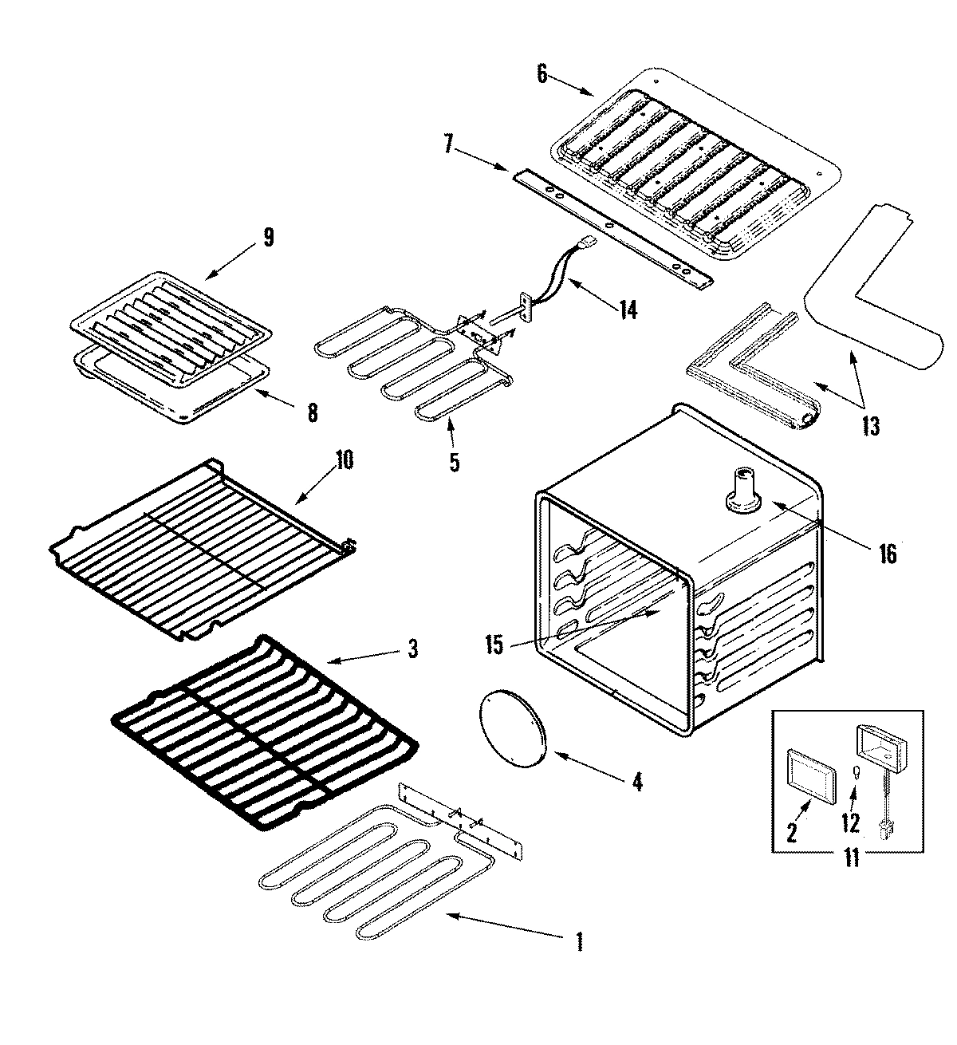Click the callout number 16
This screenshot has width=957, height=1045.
(888, 552)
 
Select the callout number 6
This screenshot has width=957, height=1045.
(542, 74)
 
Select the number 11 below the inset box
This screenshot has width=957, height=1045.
(852, 859)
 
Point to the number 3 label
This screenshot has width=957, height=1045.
(412, 649)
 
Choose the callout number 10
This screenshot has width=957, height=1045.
(345, 460)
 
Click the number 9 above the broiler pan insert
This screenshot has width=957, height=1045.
(268, 237)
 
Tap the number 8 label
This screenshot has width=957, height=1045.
(312, 412)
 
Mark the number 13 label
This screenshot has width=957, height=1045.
(871, 426)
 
